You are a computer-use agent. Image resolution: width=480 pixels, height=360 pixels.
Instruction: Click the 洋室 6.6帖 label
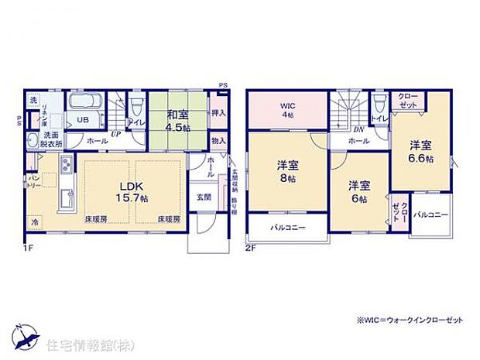pos(420,150)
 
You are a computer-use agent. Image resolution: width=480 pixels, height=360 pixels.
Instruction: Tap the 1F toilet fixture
pos(136,105)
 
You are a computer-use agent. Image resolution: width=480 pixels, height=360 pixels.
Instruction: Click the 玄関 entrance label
pos(203,196)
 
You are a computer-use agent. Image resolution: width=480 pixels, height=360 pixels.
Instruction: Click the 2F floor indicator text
pos(251,248)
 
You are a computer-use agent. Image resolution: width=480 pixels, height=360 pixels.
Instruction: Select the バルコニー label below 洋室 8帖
pos(287,227)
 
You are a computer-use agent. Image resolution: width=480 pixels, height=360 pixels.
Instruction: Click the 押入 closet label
pos(218,114)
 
